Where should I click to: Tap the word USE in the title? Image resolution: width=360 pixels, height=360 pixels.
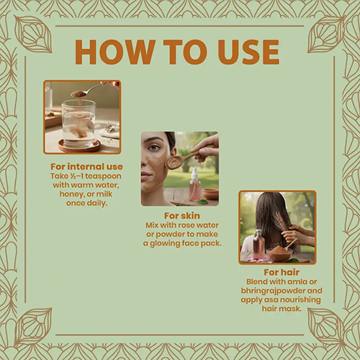(249, 52)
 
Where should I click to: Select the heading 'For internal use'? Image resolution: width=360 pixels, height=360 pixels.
(86, 166)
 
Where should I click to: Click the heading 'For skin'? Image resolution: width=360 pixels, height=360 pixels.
(182, 216)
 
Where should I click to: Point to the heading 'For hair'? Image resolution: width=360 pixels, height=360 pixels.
(282, 272)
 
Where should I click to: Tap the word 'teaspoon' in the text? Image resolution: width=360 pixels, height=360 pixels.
(103, 176)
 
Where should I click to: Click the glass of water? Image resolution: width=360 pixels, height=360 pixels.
(78, 124)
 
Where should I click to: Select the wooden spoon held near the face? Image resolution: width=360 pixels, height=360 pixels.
(186, 158)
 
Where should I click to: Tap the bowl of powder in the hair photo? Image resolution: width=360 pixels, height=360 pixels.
(279, 253)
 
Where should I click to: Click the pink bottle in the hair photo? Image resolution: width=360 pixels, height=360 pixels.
(258, 244)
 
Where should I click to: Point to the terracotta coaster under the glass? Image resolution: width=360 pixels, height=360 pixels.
(79, 146)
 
